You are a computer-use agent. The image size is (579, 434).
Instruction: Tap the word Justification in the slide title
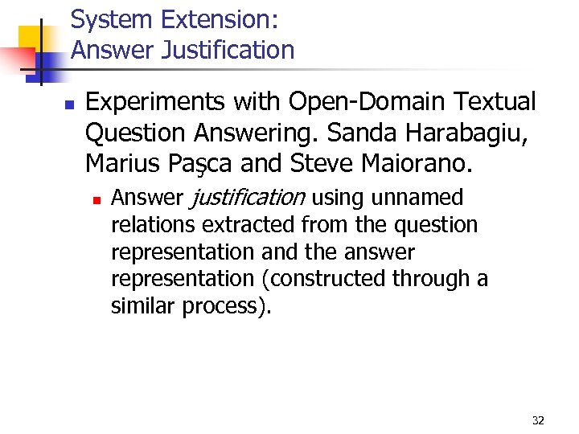coord(228,51)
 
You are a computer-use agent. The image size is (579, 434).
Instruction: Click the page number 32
coord(538,420)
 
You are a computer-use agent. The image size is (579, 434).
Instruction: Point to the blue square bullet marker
coord(69,104)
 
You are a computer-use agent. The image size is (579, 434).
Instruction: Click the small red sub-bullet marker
coord(96,199)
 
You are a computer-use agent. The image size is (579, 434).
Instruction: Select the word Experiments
coord(155,102)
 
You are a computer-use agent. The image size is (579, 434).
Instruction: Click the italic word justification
coord(247,198)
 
